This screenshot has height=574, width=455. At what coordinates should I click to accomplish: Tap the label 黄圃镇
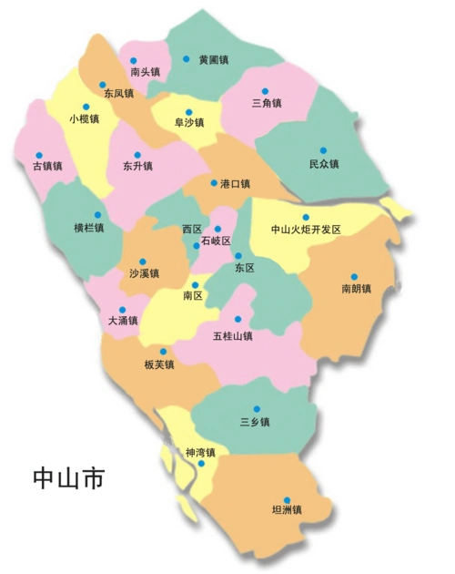[x=213, y=60]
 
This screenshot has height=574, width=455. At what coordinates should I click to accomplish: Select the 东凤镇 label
[x=118, y=93]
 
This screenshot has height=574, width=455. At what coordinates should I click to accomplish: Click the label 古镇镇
[x=47, y=167]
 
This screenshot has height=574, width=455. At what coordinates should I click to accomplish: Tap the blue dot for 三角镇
[x=266, y=91]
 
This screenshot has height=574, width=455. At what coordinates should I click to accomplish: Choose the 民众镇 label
[x=323, y=164]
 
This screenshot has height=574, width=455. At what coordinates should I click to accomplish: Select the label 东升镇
[x=137, y=167]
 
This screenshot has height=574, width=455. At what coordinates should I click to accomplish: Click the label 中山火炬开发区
[x=306, y=230]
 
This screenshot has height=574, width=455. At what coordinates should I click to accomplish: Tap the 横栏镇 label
[x=88, y=228]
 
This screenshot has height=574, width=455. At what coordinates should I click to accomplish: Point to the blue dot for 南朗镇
[x=355, y=277]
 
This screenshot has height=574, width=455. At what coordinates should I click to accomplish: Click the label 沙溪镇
[x=144, y=273]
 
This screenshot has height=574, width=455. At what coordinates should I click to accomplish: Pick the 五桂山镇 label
[x=232, y=335]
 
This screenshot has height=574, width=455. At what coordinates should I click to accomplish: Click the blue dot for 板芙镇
[x=164, y=352]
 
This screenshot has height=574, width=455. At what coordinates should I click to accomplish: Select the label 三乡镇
[x=255, y=421]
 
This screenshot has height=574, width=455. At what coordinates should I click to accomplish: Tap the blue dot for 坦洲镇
[x=287, y=499]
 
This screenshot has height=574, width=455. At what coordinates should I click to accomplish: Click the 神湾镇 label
[x=199, y=453]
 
